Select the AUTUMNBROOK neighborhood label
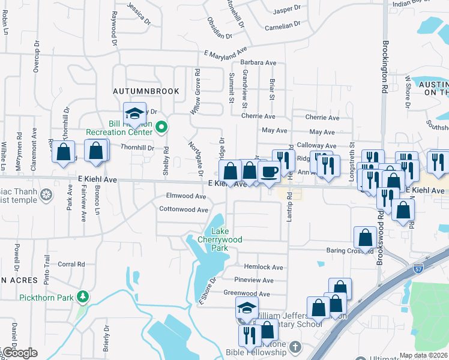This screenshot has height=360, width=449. click(146, 91)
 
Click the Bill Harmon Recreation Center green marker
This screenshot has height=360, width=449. click(161, 127)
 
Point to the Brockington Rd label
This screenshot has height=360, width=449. click(384, 65)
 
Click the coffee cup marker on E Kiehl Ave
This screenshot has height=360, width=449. click(268, 172)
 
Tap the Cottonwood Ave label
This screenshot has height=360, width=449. click(184, 209)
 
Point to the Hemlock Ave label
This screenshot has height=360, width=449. click(263, 267)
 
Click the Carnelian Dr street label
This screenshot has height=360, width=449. click(282, 26)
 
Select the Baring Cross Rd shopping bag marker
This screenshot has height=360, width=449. click(365, 238)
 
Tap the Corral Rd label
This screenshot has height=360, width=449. click(71, 264)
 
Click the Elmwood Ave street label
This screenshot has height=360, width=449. click(186, 196)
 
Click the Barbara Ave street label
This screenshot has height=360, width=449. click(258, 62)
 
